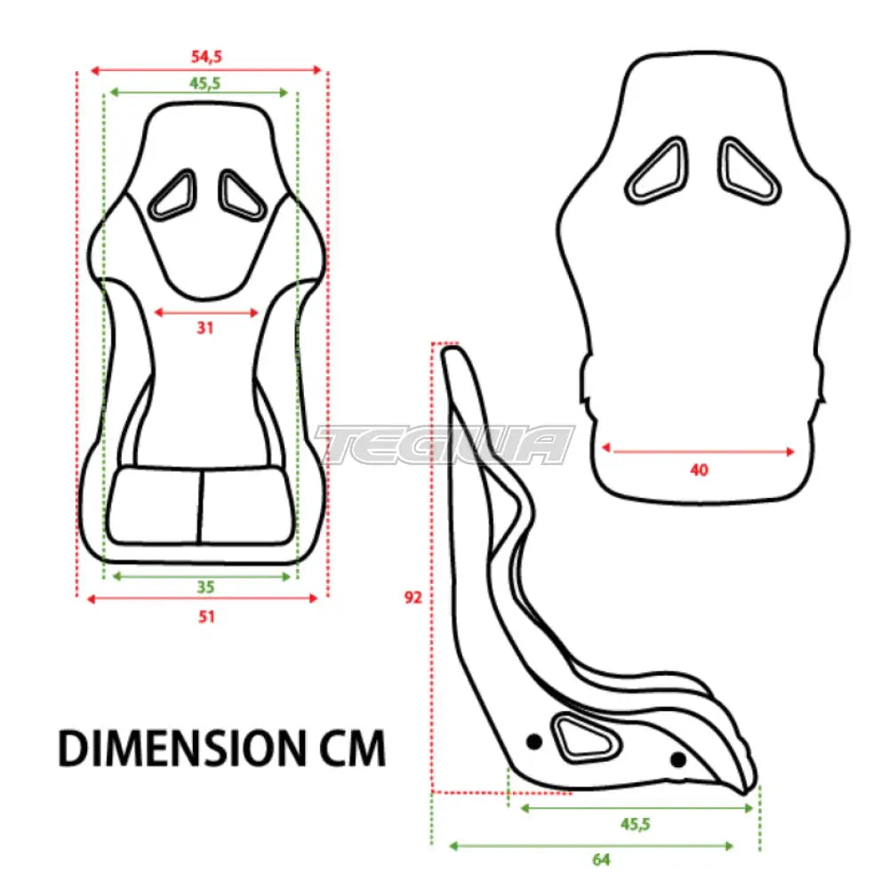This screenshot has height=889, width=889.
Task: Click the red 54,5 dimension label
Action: (x=206, y=57)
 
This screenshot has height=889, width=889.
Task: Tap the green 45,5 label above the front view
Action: (x=205, y=84)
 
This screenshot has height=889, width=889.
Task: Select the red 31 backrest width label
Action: (x=204, y=328)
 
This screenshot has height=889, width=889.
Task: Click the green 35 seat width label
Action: (x=206, y=587)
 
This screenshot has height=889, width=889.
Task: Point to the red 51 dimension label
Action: (x=206, y=616)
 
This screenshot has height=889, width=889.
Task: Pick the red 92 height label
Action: (x=412, y=597)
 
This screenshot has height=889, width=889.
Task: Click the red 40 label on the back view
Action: (x=699, y=470)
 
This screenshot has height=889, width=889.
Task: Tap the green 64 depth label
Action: (x=602, y=860)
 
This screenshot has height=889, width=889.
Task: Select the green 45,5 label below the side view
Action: (x=635, y=824)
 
